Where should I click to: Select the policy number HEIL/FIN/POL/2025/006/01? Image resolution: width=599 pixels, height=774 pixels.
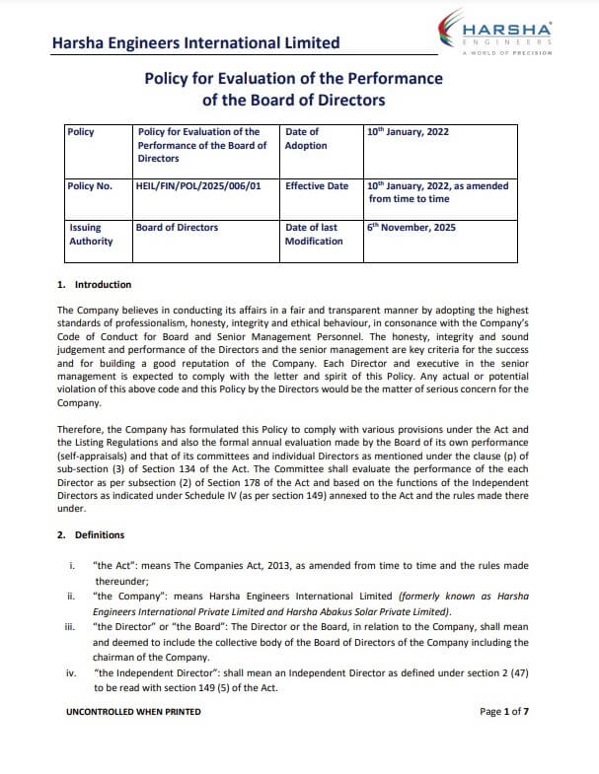coord(198,185)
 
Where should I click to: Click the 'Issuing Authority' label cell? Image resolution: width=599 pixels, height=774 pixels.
coord(91,235)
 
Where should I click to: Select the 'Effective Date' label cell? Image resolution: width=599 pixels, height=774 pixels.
coord(317,185)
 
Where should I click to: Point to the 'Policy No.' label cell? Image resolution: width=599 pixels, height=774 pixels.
coord(90,185)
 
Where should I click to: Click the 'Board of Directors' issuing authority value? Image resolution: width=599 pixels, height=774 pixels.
coord(178,228)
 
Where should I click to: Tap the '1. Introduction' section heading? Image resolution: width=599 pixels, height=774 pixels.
coord(95,285)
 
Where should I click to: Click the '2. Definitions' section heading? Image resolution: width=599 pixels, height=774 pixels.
coord(91,535)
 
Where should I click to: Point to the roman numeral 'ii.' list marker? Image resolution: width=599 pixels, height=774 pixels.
coord(70,596)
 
